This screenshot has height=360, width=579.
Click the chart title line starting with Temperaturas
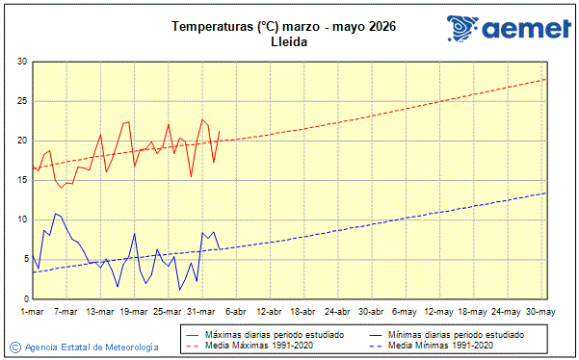click(283, 26)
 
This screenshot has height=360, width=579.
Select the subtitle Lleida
click(283, 43)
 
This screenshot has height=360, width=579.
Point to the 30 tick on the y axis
click(21, 62)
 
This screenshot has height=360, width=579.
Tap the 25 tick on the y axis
click(21, 101)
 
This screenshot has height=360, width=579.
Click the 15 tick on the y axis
click(21, 180)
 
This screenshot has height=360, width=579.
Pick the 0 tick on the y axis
click(24, 298)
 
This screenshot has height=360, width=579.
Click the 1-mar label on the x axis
click(33, 312)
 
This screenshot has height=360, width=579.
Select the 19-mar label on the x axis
click(134, 312)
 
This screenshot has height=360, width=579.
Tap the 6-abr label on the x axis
click(235, 312)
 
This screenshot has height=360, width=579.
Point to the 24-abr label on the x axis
click(337, 312)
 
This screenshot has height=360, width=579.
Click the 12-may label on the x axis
click(438, 312)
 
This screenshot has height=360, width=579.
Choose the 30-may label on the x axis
click(540, 312)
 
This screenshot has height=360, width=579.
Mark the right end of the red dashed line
click(546, 79)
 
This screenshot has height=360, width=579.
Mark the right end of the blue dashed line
click(546, 193)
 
